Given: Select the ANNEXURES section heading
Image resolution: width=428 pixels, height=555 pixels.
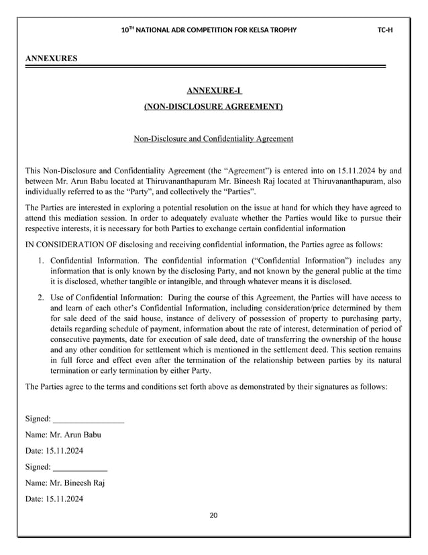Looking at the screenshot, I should pos(51,59).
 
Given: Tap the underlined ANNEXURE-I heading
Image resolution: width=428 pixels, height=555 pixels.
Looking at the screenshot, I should pos(213,91).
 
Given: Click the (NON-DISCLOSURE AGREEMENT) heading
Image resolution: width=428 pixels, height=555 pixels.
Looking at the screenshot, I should pos(213,107).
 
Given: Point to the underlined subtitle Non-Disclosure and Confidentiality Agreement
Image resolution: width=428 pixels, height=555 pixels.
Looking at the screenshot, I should pos(213,139).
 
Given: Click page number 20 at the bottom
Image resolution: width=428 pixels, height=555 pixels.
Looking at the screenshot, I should pos(214,515).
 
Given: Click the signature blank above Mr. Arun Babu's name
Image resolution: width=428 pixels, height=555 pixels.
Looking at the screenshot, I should pos(88,419).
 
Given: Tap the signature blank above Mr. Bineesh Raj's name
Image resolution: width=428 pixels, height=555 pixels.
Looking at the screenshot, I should pos(80,466).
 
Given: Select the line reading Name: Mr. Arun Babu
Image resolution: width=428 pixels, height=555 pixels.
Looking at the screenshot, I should pos(62,435).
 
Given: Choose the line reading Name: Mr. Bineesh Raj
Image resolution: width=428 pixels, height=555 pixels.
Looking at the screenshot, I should pos(64,482).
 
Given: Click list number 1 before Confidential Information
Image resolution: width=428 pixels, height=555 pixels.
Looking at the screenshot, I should pos(41,260).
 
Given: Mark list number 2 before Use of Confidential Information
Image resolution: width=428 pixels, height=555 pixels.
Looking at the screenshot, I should pos(41,297).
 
